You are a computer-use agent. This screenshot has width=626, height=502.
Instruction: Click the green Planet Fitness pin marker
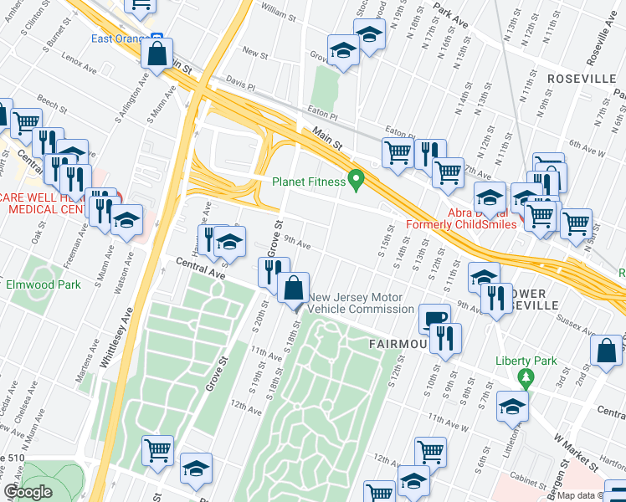pyautogui.click(x=357, y=179)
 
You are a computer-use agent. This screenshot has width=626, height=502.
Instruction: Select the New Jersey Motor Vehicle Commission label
pyautogui.click(x=356, y=303)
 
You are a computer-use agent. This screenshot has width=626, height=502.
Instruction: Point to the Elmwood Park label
pyautogui.click(x=44, y=284)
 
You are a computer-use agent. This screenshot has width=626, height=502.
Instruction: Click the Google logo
pyautogui.click(x=28, y=492)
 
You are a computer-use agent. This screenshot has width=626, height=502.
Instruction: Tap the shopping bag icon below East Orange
pyautogui.click(x=156, y=54)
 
